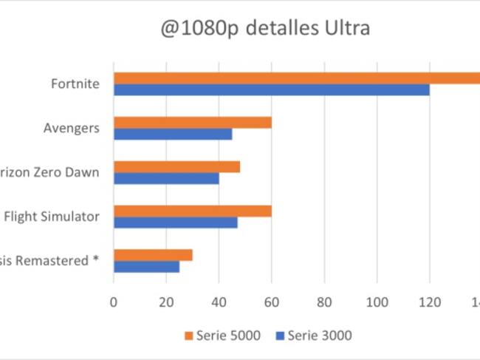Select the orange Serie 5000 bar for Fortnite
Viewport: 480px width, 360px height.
[295, 78]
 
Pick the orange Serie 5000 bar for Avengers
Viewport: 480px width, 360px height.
[192, 122]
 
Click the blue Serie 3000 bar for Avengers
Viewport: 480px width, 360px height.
[172, 134]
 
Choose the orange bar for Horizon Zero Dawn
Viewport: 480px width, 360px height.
[176, 166]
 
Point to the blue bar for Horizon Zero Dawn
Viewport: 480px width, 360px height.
[166, 178]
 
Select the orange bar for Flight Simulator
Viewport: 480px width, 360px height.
[192, 211]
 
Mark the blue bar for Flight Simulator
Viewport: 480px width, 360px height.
[175, 223]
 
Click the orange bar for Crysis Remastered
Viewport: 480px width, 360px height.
[153, 255]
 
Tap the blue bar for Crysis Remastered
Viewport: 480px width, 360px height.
[146, 267]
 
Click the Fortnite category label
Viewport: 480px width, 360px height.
[75, 84]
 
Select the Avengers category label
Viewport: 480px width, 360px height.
[72, 128]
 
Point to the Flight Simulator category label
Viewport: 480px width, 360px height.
[52, 217]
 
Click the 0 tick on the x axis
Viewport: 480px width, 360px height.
[114, 302]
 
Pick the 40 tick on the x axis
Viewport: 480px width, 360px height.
[219, 302]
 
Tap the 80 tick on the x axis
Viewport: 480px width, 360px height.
[324, 302]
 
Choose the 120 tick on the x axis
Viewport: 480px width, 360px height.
[429, 302]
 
